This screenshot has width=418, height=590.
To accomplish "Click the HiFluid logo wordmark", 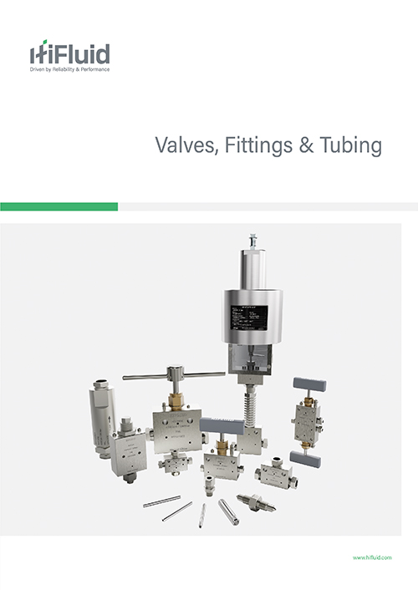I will (69, 54).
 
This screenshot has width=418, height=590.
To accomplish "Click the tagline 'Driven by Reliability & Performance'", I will (69, 69).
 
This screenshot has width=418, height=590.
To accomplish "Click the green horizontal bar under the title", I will (59, 206).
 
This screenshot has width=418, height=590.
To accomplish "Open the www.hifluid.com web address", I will (373, 557).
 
